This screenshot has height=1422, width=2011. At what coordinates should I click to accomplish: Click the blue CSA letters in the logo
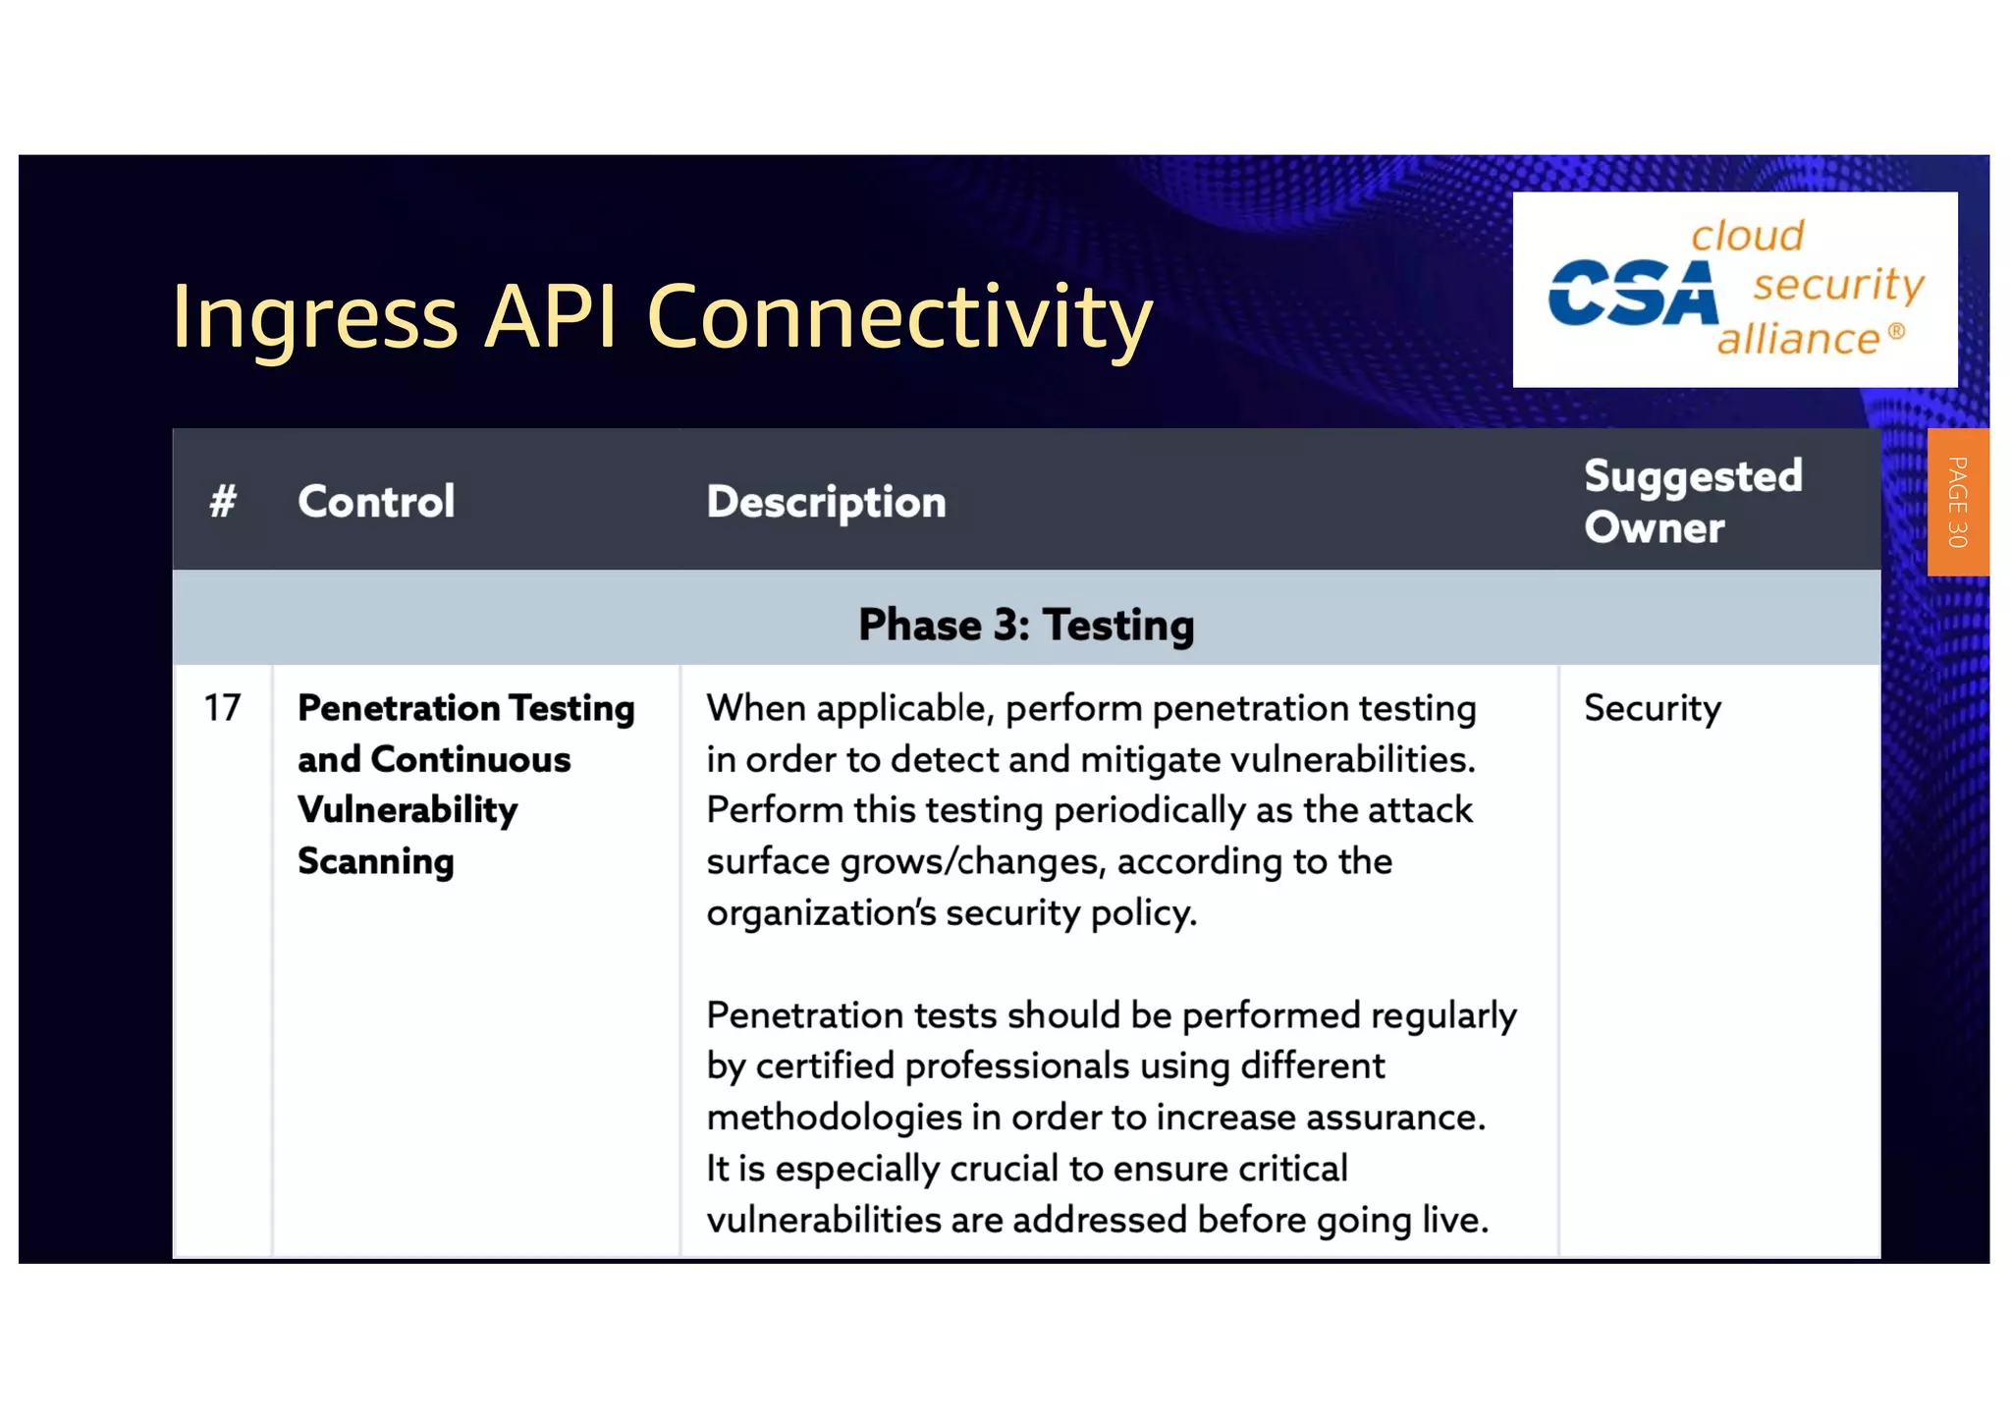pyautogui.click(x=1632, y=294)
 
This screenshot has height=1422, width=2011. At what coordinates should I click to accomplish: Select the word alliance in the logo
pyautogui.click(x=1798, y=340)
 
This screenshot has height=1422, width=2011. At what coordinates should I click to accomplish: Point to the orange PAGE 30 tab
pyautogui.click(x=1957, y=502)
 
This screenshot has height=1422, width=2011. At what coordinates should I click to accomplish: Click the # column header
pyautogui.click(x=223, y=502)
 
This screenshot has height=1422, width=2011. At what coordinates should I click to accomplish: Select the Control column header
pyautogui.click(x=376, y=502)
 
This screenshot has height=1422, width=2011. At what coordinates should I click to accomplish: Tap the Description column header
pyautogui.click(x=826, y=502)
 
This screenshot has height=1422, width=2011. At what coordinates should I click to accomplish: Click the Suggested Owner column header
pyautogui.click(x=1693, y=502)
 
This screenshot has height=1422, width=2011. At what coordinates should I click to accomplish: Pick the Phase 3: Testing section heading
pyautogui.click(x=1026, y=625)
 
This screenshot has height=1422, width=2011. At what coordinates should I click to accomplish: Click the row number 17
pyautogui.click(x=222, y=708)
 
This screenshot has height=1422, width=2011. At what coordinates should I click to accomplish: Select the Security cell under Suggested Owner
pyautogui.click(x=1652, y=708)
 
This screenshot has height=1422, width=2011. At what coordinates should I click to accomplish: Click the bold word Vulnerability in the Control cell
pyautogui.click(x=408, y=810)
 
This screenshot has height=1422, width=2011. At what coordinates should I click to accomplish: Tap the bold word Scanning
pyautogui.click(x=376, y=861)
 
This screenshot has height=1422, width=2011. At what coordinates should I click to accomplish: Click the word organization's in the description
pyautogui.click(x=821, y=913)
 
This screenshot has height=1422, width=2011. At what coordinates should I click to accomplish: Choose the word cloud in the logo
pyautogui.click(x=1747, y=237)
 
